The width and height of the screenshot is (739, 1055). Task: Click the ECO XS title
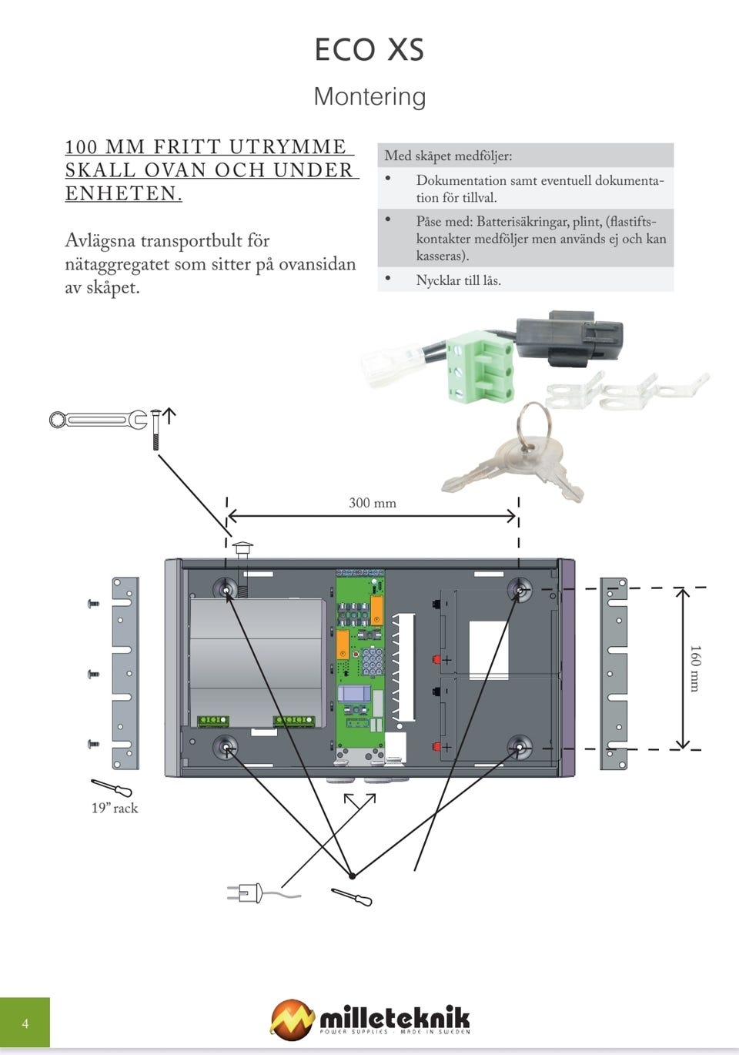369,50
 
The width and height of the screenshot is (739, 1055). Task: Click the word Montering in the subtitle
369,96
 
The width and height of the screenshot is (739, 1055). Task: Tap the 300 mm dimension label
373,503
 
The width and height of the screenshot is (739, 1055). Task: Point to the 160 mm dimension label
694,668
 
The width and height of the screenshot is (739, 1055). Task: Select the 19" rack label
115,808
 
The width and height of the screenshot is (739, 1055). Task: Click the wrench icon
98,420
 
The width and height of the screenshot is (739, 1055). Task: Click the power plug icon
246,893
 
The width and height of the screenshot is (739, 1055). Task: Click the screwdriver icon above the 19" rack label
112,788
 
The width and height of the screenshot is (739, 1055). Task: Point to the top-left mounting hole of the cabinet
226,588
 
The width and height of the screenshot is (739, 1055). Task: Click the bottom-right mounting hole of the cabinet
519,746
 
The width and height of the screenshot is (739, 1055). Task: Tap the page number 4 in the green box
25,1023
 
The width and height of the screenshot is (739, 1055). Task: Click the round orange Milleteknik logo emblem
292,1019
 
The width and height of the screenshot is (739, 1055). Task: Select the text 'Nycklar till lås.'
458,280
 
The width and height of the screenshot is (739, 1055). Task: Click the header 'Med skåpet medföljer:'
448,156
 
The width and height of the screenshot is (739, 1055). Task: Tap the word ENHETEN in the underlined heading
123,193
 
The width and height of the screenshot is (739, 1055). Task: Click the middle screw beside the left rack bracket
93,675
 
